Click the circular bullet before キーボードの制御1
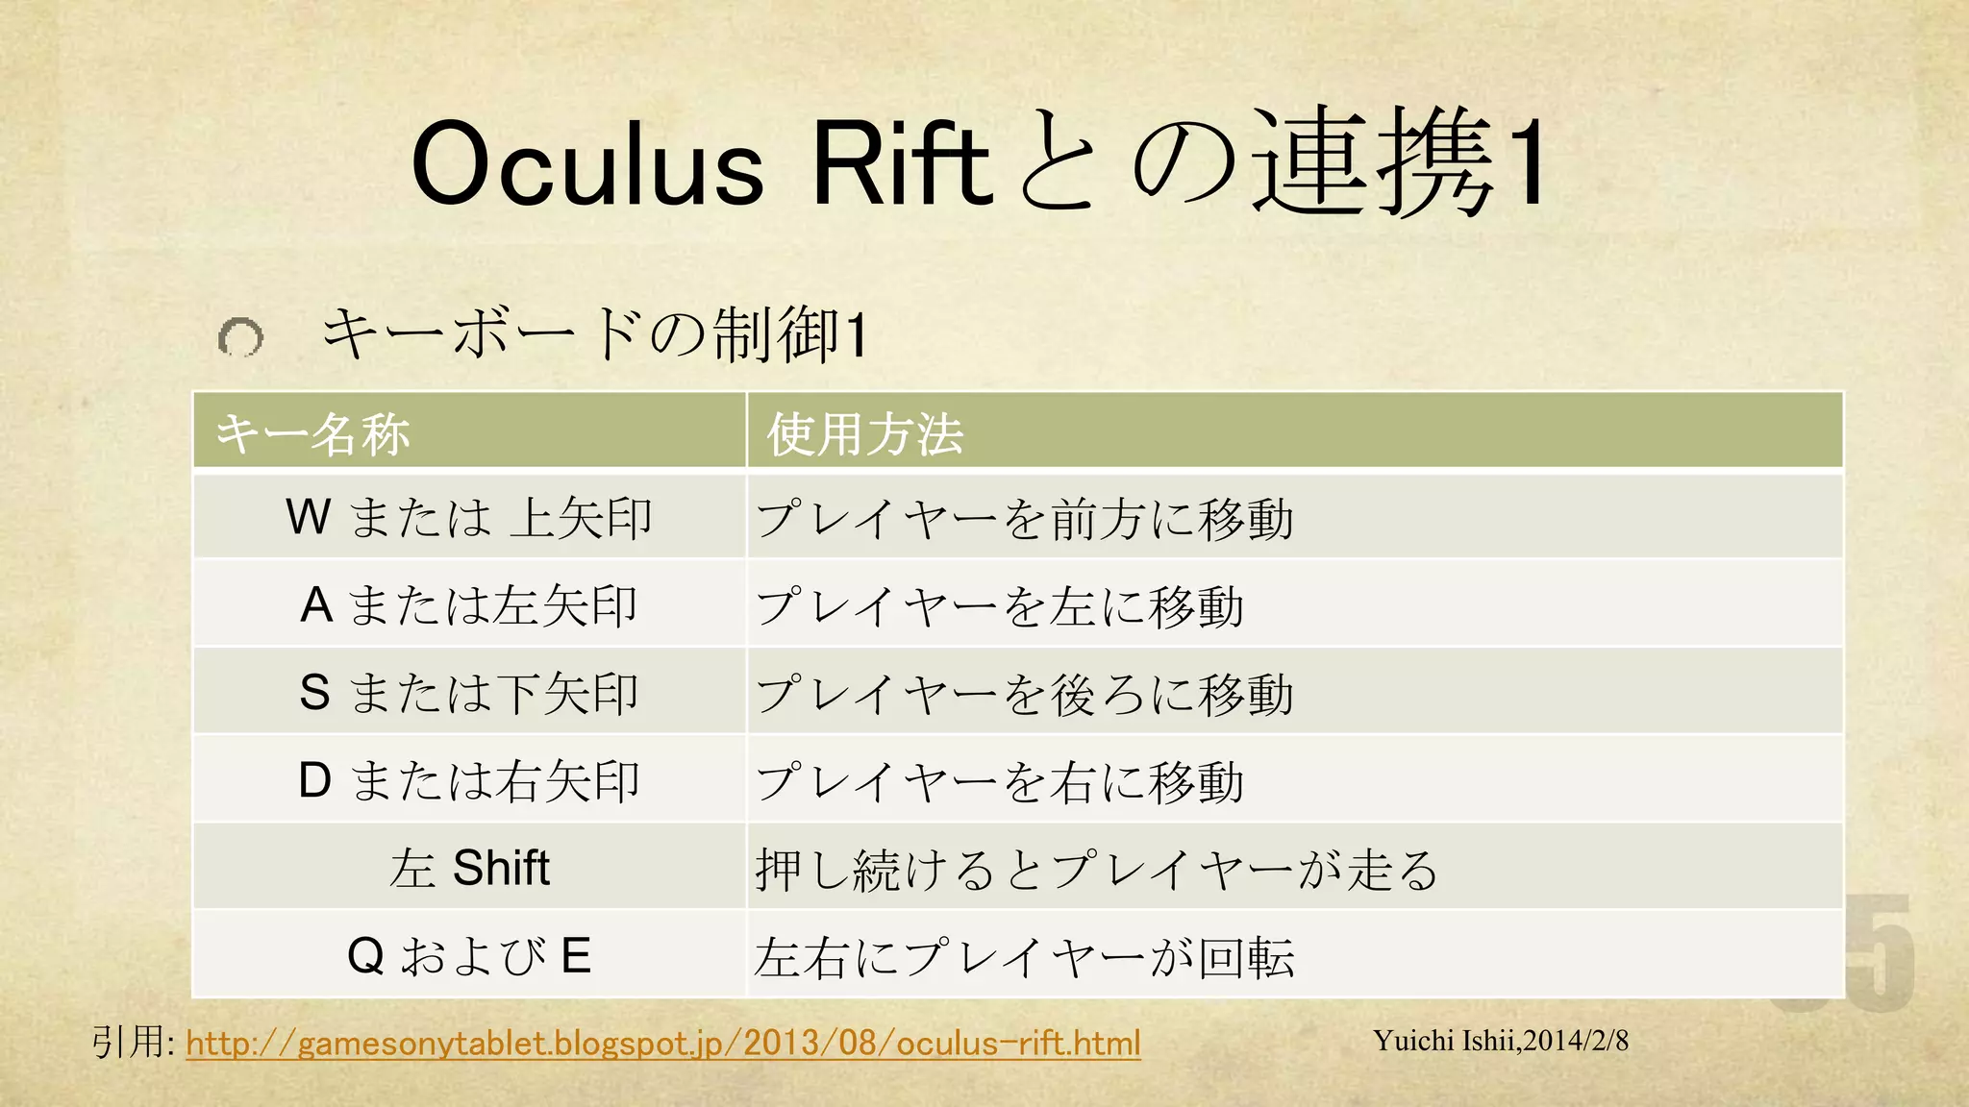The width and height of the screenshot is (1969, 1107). (x=240, y=337)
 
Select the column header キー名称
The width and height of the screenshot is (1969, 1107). (x=312, y=433)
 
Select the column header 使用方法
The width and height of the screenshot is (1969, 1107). (x=864, y=433)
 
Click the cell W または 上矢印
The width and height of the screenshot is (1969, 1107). (x=469, y=518)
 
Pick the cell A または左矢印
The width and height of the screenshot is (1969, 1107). (x=469, y=605)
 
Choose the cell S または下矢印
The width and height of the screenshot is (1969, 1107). (x=469, y=693)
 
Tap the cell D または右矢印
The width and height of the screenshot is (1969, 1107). (x=469, y=780)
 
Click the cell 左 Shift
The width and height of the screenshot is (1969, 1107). (x=469, y=868)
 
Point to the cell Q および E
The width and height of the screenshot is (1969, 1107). (x=469, y=956)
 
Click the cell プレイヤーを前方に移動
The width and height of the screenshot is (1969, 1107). (x=1024, y=519)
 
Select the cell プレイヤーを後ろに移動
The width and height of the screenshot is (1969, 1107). (x=1024, y=694)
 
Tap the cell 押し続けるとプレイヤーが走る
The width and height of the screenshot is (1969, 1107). (x=1096, y=869)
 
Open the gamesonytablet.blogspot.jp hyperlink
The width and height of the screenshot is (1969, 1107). (x=663, y=1043)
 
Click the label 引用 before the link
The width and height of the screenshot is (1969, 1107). (x=127, y=1042)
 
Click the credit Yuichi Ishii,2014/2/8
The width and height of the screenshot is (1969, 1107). (x=1500, y=1041)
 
